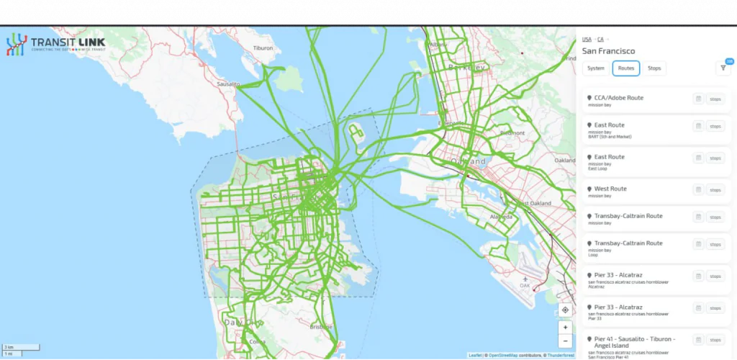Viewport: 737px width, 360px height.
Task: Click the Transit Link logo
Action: click(56, 45)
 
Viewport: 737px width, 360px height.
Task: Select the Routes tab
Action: click(625, 68)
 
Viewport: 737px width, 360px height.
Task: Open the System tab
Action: click(595, 68)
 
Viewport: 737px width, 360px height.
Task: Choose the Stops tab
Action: click(654, 68)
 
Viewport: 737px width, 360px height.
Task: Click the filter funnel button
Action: click(723, 68)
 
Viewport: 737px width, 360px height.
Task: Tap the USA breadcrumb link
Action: click(587, 39)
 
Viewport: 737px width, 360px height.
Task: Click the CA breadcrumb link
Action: click(600, 39)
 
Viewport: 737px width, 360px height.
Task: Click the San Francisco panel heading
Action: click(608, 51)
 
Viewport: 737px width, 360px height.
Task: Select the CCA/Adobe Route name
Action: click(618, 97)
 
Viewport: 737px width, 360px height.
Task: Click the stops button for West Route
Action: click(715, 190)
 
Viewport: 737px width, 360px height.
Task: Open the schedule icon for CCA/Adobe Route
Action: click(697, 99)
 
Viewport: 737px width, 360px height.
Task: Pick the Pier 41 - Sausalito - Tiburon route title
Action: click(634, 338)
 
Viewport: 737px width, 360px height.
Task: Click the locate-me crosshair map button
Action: click(565, 310)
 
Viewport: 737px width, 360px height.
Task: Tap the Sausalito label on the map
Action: click(229, 84)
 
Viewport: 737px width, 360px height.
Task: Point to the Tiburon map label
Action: click(263, 48)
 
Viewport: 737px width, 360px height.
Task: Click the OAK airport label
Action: click(525, 285)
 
